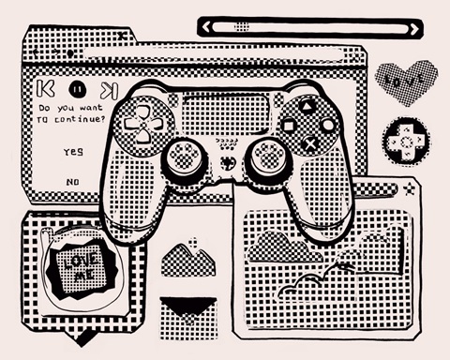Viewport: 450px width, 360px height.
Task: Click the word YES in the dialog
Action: [72, 150]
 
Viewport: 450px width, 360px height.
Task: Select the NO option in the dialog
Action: [72, 180]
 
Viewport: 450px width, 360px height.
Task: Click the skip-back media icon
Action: [42, 90]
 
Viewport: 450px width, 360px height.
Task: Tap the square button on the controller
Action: [289, 122]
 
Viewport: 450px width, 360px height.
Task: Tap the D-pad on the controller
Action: [142, 122]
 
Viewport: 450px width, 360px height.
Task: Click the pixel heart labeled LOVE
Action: [405, 82]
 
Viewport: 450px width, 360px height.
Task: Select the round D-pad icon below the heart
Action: [403, 139]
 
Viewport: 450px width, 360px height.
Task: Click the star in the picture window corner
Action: [408, 191]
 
